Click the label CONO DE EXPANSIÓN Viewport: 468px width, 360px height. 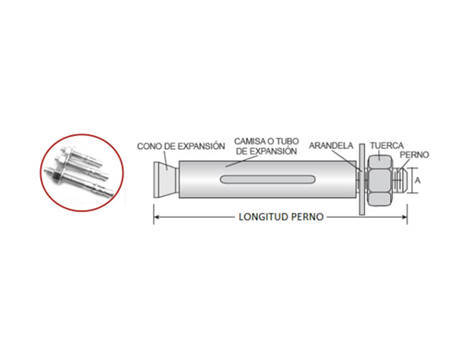(181, 146)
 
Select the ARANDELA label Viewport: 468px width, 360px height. (331, 146)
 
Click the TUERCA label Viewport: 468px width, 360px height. (387, 146)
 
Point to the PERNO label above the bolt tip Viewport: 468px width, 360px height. (414, 155)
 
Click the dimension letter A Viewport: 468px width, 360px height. (418, 180)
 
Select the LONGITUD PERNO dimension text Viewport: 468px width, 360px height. (281, 217)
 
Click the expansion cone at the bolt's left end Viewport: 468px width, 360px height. (166, 179)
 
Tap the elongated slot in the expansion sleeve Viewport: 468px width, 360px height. (268, 179)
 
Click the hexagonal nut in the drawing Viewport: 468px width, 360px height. (380, 180)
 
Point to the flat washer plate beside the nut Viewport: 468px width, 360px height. (362, 179)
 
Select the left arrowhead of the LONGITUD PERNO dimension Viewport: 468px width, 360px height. (157, 217)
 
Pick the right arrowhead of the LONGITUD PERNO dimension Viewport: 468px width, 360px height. (404, 217)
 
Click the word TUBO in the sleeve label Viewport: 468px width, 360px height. (288, 141)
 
